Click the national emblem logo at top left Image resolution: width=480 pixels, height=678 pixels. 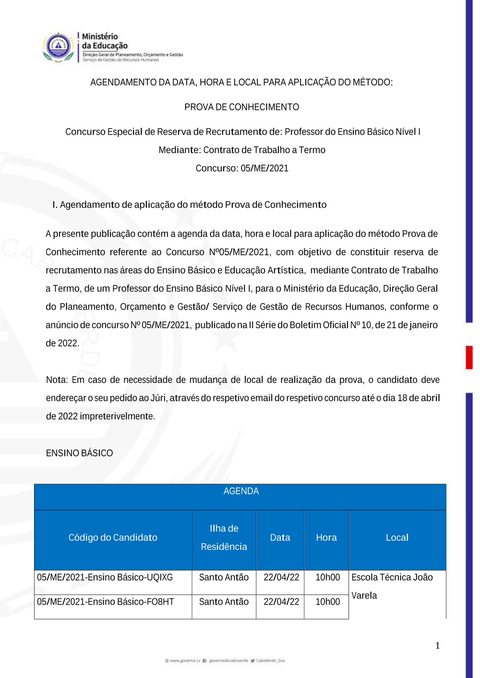tap(58, 47)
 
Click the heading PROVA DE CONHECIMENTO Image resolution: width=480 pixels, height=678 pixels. tap(241, 107)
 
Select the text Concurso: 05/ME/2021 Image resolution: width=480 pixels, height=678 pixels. tap(242, 168)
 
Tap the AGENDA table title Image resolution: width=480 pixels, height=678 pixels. tap(241, 491)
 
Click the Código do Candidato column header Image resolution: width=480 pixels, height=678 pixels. tap(113, 538)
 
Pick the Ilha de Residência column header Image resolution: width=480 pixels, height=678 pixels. tap(224, 537)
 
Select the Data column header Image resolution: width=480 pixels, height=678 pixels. tap(280, 538)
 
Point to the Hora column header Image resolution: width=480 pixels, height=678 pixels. tap(326, 538)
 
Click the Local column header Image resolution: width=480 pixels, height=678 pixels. tap(397, 538)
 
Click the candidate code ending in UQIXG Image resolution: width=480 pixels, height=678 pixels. tap(105, 578)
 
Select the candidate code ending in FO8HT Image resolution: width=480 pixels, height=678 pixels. tap(106, 602)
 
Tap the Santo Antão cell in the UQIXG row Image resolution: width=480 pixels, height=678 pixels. tap(224, 578)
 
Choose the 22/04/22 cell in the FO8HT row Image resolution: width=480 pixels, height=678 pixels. tap(281, 602)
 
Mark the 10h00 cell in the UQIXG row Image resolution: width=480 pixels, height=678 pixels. tap(327, 578)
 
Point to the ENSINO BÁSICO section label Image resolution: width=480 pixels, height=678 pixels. tap(80, 453)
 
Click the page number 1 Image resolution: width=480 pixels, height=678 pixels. tap(437, 646)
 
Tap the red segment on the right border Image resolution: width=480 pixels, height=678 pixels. tap(469, 357)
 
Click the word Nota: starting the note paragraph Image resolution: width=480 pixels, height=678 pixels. tap(57, 380)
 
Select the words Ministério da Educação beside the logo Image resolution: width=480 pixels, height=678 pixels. tap(104, 41)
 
